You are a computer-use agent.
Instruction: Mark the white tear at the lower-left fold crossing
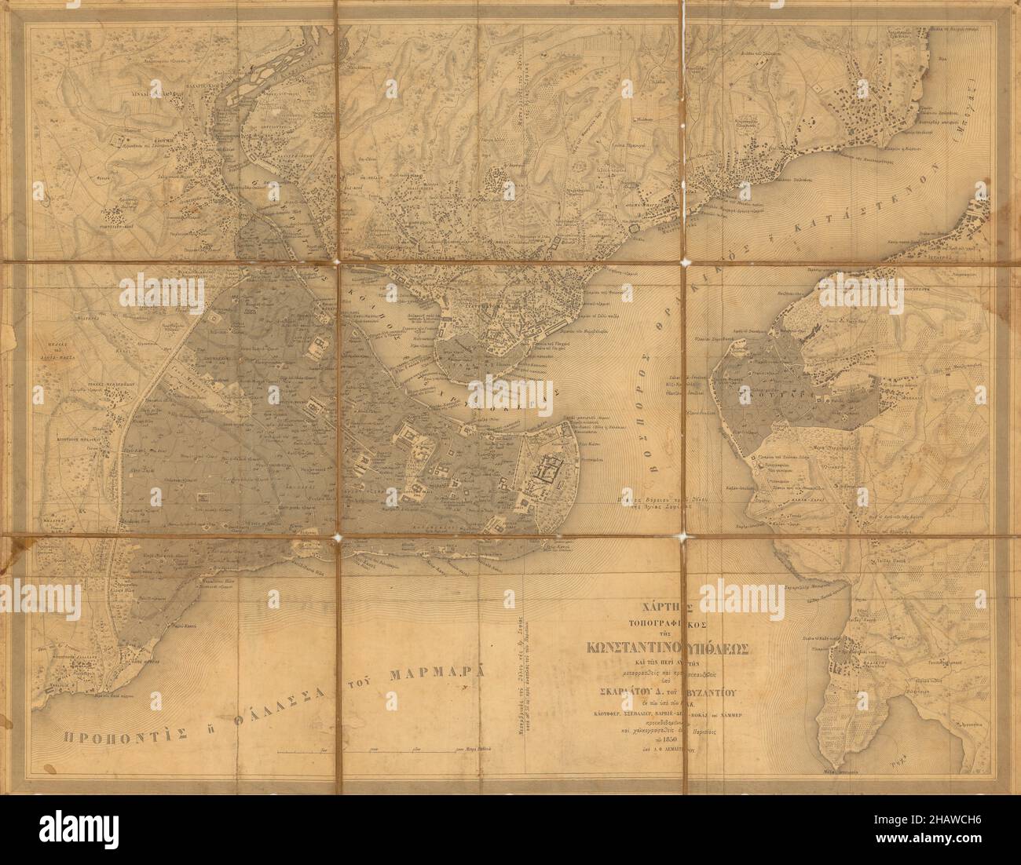coord(338,538)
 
